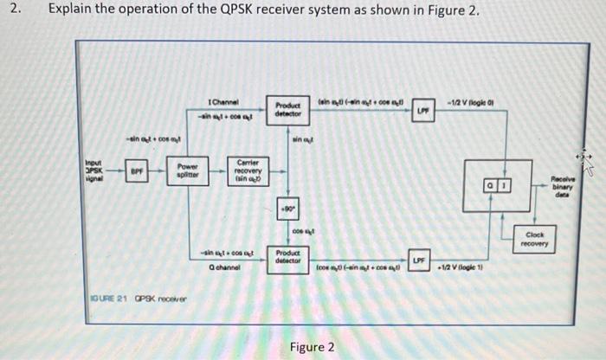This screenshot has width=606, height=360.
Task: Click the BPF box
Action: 135,172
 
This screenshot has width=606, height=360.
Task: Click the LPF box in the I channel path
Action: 421,111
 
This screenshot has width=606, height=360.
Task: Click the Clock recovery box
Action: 534,239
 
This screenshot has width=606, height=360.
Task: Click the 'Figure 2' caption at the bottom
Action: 313,347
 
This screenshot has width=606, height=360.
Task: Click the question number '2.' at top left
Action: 13,10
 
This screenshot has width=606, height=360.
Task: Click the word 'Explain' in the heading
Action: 70,10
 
